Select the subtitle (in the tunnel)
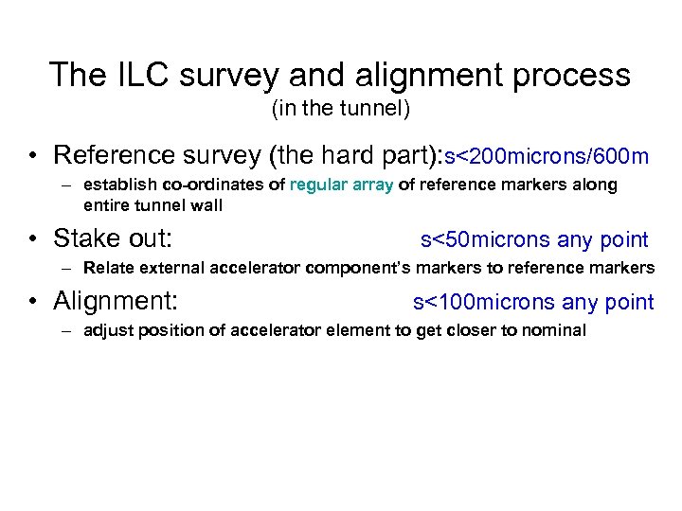pyautogui.click(x=341, y=110)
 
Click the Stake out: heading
pyautogui.click(x=113, y=238)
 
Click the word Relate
pyautogui.click(x=106, y=268)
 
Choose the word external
pyautogui.click(x=166, y=268)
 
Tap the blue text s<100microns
pyautogui.click(x=484, y=302)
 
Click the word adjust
pyautogui.click(x=106, y=330)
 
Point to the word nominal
pyautogui.click(x=554, y=330)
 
